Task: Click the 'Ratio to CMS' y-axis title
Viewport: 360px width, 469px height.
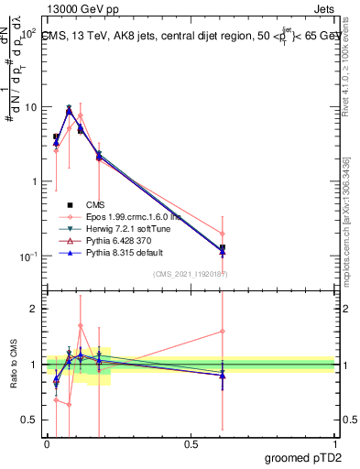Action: coord(16,365)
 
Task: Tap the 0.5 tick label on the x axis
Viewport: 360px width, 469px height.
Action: coord(191,442)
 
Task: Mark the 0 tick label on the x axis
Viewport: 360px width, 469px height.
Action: coord(47,442)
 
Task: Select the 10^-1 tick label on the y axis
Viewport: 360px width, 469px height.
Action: coord(27,256)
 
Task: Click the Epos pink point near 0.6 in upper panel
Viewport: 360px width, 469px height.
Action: coord(223,234)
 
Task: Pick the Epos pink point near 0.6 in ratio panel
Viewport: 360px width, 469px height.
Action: coord(223,331)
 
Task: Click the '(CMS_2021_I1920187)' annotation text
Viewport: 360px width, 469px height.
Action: coord(191,273)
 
